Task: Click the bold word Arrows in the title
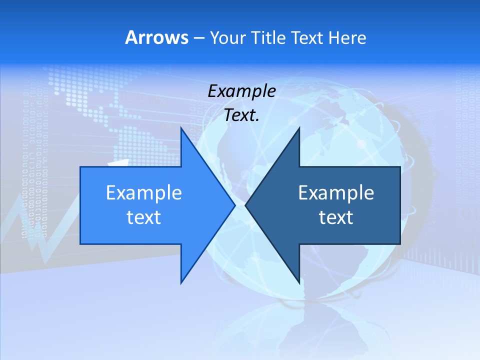point(156,37)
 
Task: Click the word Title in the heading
point(268,37)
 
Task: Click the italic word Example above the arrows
point(241,91)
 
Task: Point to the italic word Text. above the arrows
point(241,115)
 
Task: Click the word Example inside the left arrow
point(144,192)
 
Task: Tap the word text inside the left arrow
point(144,217)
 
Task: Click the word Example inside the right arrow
point(336,192)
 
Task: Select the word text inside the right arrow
point(336,217)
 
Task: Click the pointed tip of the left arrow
point(235,205)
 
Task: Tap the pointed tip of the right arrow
point(245,205)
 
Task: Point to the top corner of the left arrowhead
point(181,128)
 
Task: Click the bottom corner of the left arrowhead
point(181,283)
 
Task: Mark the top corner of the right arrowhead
point(299,128)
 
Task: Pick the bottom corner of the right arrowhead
point(299,283)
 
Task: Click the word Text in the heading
point(306,37)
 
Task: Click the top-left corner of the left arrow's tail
point(80,167)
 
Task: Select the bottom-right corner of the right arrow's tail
point(400,244)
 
